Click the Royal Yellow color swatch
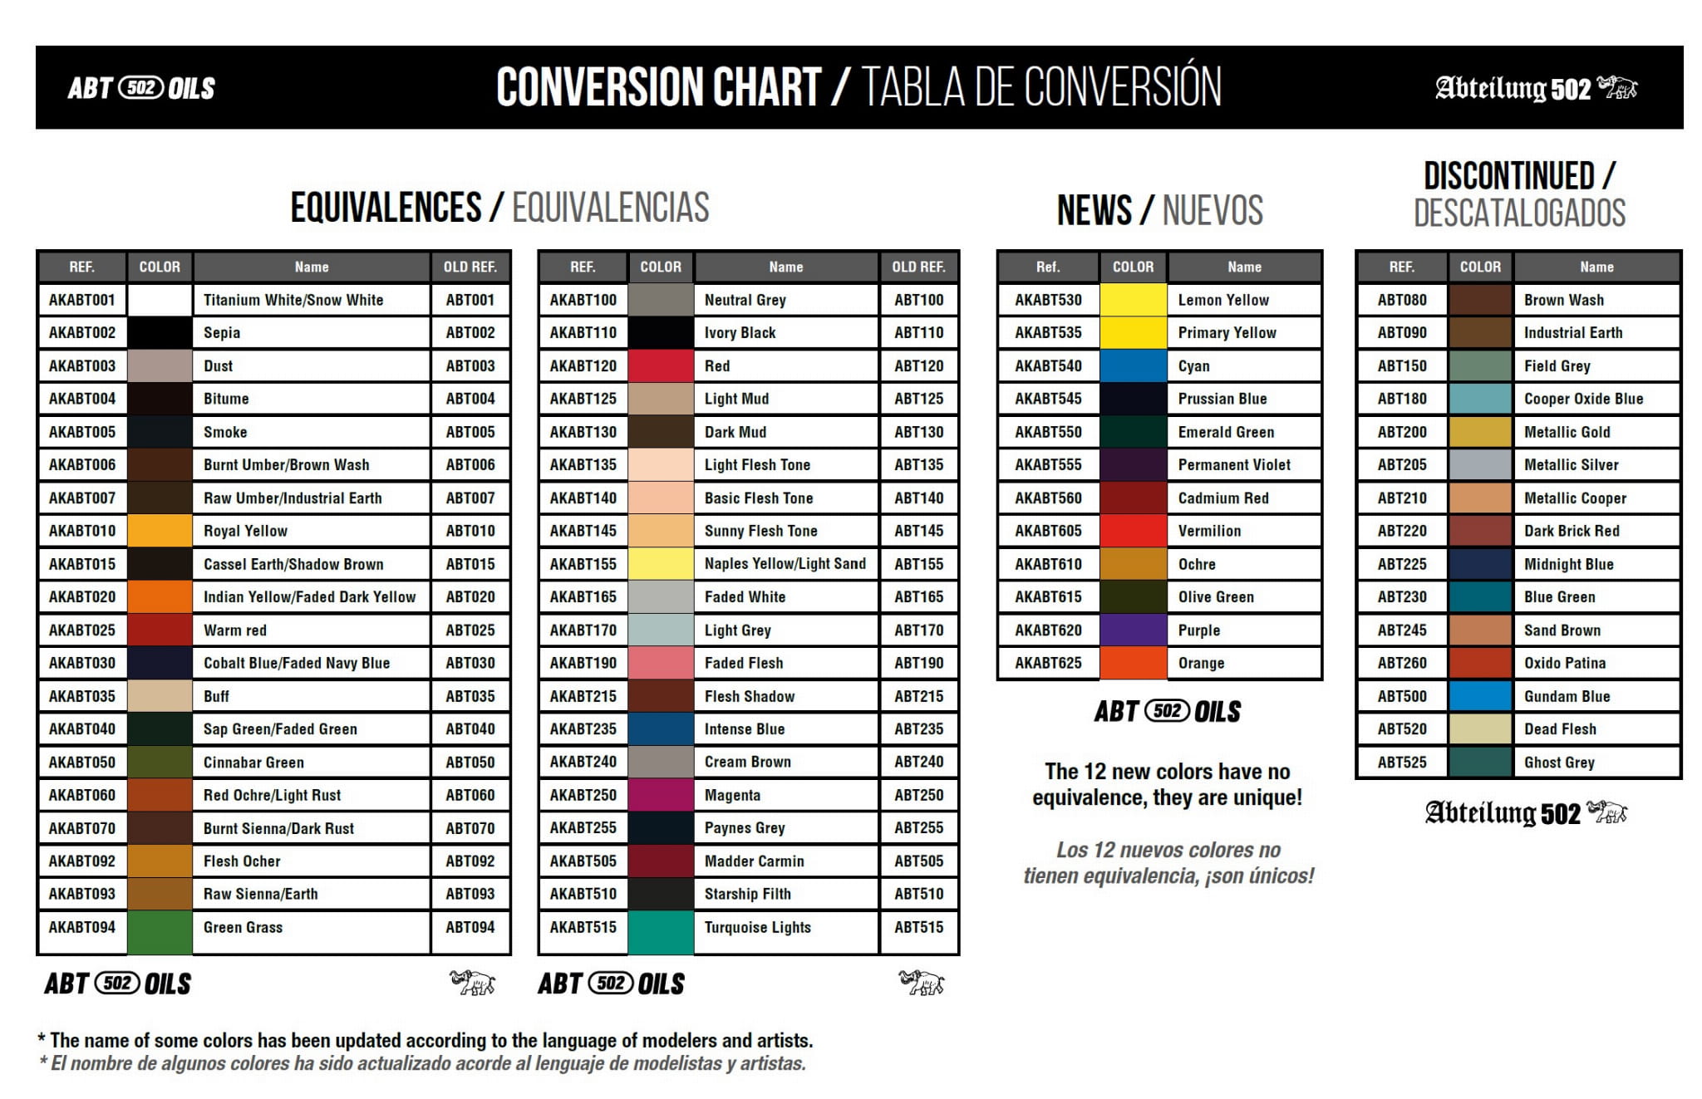pos(160,531)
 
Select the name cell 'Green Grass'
pos(243,927)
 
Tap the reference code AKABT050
pos(81,762)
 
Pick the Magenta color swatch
pos(661,795)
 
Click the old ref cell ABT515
pos(918,927)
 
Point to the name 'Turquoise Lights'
pos(757,927)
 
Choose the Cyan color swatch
pos(1133,366)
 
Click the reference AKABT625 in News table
pos(1048,663)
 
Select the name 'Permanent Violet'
pos(1234,464)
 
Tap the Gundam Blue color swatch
pos(1479,696)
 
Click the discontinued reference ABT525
pos(1401,762)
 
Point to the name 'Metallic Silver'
pos(1571,464)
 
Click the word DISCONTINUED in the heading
pos(1508,176)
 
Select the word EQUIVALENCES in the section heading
pos(386,207)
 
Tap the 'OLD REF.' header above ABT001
pos(470,267)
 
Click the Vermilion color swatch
pos(1133,531)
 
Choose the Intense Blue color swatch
pos(661,729)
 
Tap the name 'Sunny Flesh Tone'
pos(760,531)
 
